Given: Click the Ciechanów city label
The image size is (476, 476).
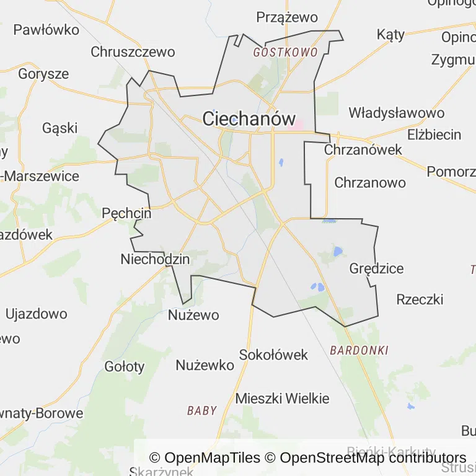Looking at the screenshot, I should click(249, 118).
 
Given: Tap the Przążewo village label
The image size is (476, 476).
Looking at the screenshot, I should click(287, 17).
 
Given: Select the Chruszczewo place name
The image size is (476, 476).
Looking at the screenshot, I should click(133, 52).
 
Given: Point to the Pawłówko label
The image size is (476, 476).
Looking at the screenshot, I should click(46, 29).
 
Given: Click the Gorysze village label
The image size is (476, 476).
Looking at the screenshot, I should click(43, 74).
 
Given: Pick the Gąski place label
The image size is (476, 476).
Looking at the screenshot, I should click(60, 128).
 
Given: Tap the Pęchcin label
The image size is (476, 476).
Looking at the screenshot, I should click(126, 213).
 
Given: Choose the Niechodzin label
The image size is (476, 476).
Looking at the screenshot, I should click(155, 259).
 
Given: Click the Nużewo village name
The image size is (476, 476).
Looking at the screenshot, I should click(193, 315).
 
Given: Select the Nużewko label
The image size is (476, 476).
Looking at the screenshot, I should click(205, 365).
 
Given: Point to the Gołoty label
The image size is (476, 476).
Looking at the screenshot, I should click(124, 366).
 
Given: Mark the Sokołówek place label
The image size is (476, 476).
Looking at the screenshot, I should click(273, 355).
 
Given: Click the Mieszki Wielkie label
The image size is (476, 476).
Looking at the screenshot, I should click(282, 399).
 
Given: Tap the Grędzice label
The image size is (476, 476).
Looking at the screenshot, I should click(376, 268).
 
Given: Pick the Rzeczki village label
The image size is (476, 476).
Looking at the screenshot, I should click(420, 299).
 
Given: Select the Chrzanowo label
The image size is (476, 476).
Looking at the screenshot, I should click(370, 183).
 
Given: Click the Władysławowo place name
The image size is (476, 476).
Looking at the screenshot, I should click(396, 113).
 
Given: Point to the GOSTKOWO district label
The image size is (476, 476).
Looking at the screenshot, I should click(285, 53).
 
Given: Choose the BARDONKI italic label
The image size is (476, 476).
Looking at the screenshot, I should click(359, 350).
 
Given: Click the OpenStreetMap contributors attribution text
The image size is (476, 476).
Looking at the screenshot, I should click(372, 458).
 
